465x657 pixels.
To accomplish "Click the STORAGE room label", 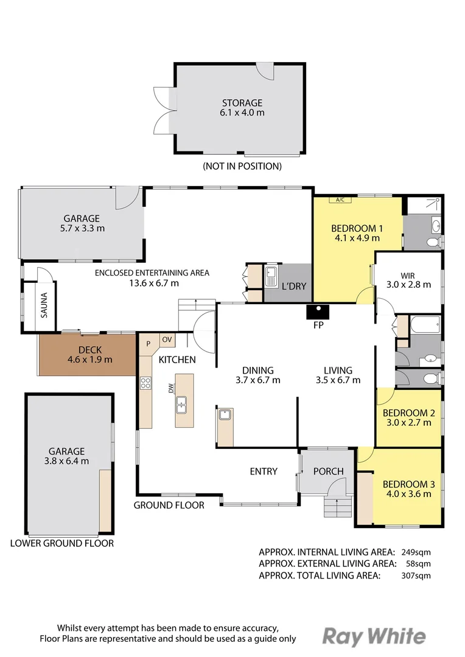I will click(x=242, y=103).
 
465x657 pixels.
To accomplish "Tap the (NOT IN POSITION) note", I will click(x=242, y=166).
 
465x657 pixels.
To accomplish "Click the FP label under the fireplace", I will click(x=318, y=325).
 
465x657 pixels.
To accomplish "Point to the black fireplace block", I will click(x=318, y=311).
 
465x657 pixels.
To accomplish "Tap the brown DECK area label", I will click(x=90, y=350).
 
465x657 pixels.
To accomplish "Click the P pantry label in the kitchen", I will click(x=147, y=344).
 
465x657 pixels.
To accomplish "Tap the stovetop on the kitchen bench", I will click(x=146, y=383).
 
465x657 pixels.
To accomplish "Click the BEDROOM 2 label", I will click(x=408, y=412).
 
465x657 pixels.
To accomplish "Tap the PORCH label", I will click(x=328, y=471).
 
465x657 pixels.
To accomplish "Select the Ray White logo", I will click(x=373, y=636).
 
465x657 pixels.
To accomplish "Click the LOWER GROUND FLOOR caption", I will click(x=61, y=543).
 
